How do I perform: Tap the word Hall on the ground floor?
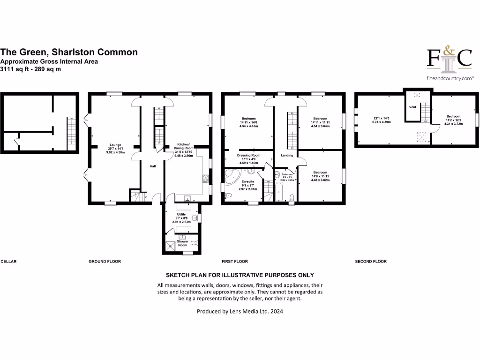(152, 166)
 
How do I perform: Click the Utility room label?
(181, 214)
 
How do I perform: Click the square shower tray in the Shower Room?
(169, 247)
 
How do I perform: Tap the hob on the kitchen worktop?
(205, 178)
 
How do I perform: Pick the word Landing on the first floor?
(287, 155)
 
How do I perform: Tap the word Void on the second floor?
(412, 107)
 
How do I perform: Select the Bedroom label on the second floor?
(453, 116)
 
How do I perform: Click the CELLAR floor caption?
(8, 262)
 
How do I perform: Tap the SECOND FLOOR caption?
(371, 262)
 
